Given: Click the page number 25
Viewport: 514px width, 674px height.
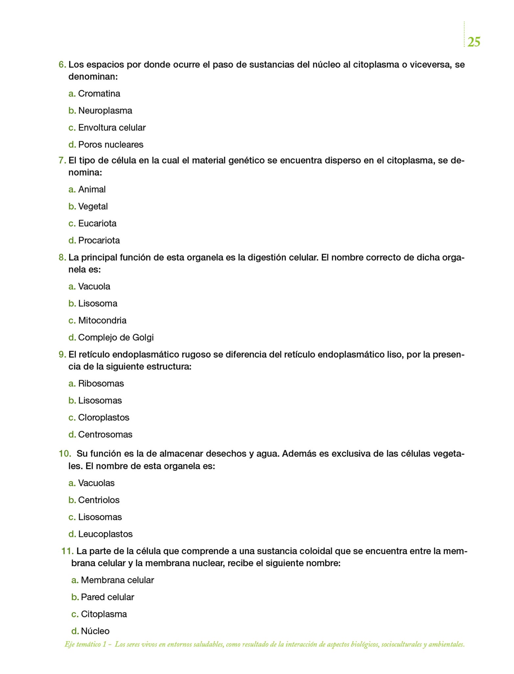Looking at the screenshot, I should tap(474, 42).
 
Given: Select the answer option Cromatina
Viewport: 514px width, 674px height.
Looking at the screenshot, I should tap(99, 94).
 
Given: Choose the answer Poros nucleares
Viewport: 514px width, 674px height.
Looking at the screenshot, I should tap(111, 145).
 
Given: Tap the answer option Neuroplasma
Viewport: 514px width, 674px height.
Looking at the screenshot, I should tap(105, 111).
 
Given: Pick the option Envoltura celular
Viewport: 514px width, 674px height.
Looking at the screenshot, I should tap(112, 128).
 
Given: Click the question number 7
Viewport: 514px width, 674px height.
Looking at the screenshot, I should tap(62, 161).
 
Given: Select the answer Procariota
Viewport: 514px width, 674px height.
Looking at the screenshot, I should tap(99, 241).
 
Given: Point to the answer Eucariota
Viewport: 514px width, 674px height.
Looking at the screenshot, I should tap(97, 224).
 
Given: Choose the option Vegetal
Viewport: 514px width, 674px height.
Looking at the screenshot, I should tap(93, 207).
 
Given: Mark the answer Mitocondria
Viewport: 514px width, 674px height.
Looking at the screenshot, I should tap(102, 321).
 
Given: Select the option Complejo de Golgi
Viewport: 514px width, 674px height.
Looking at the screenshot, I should tap(116, 338).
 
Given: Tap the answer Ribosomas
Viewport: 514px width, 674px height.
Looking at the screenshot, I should tap(101, 384).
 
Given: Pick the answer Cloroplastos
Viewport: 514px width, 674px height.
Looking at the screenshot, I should tap(104, 418).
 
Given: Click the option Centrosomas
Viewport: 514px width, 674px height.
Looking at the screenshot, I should tap(105, 435).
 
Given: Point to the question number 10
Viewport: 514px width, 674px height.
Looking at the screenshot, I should tap(65, 454).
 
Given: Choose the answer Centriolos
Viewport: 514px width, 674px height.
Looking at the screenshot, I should tap(99, 500).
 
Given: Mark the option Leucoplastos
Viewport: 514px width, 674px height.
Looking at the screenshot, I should tap(105, 534).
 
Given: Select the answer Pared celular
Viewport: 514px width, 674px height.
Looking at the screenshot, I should tap(107, 597).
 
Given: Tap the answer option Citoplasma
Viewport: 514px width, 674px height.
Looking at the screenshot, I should tap(104, 614).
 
